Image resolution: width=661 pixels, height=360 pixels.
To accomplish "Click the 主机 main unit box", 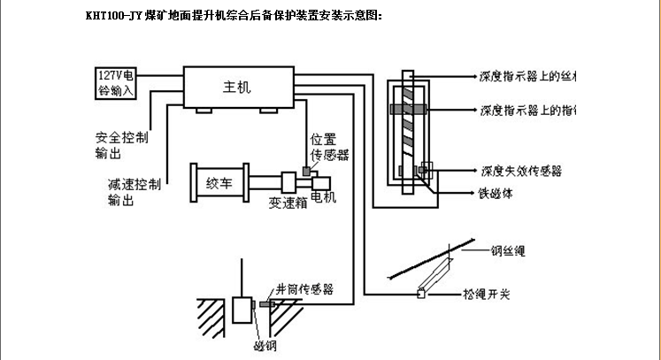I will pos(237,88).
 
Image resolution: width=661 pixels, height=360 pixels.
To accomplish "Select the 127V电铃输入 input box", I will pos(116,82).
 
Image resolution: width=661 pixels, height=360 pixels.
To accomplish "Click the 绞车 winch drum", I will pos(219,184).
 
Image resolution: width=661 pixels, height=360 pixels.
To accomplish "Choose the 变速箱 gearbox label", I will pos(287,203).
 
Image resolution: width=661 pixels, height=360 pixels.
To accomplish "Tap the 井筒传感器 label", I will pos(304,288).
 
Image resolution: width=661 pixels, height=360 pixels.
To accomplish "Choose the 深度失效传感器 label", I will pos(520,169).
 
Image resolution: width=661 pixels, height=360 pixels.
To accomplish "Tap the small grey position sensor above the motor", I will pos(305,169).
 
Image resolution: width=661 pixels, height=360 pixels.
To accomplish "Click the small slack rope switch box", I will pos(421,293).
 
